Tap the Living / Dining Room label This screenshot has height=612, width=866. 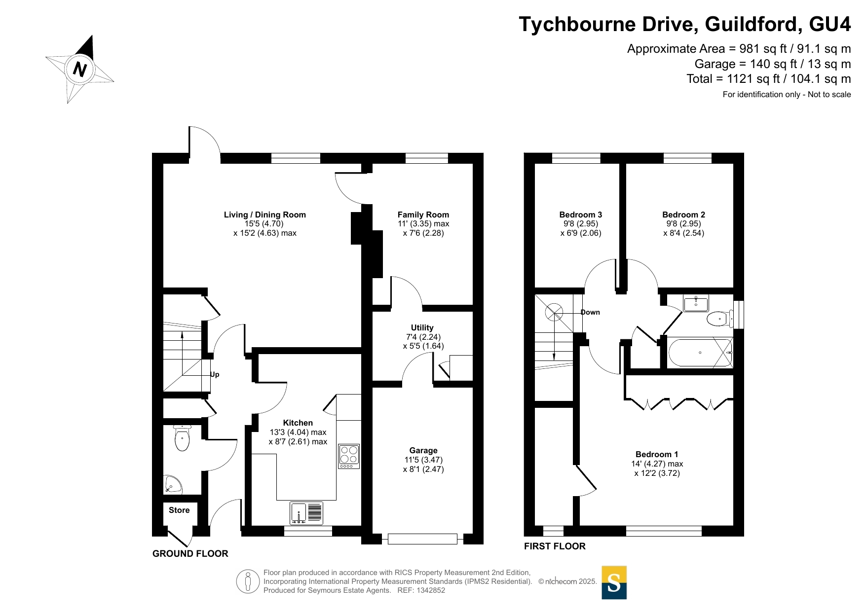coord(265,215)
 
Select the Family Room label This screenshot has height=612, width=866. coord(423,215)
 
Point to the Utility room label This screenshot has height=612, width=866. coord(422,327)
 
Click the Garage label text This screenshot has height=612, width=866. coord(423,450)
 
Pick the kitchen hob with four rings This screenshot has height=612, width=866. coord(349,456)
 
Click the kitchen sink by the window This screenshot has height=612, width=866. coord(306,513)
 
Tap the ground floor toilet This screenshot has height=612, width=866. coord(182,438)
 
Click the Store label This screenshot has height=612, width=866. coord(179,510)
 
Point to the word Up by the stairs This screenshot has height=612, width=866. coord(215,374)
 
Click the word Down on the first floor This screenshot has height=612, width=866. coord(590,312)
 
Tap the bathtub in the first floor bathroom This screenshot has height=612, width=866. coord(700,353)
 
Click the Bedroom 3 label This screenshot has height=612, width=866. coord(581,215)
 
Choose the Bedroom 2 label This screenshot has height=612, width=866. coord(684,215)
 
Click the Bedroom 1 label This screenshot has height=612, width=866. coord(657,454)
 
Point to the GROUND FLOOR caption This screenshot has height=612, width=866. coord(190,553)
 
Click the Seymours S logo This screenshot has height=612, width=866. coord(614,582)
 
